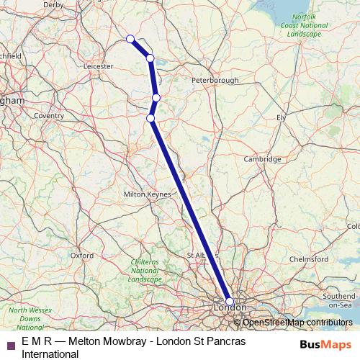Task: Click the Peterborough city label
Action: coord(215,81)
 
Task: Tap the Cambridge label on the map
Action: coord(262,159)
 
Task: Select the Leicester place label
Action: coord(99,66)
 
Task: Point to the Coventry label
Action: coord(49,115)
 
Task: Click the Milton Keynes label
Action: coord(148,194)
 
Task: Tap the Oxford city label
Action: coord(82,255)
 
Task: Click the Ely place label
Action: coord(282,117)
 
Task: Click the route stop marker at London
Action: coord(230,302)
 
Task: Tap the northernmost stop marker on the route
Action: coord(130,39)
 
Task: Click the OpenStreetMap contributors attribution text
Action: coord(297,323)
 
